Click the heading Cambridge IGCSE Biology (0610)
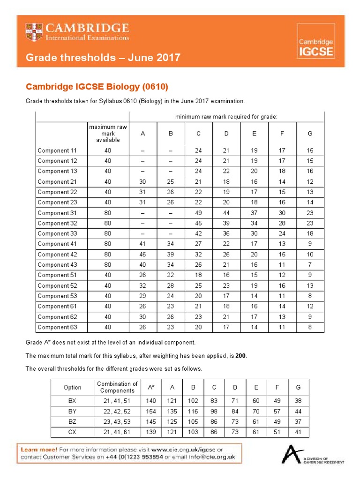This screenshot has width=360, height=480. [97, 87]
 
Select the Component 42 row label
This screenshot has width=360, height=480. [57, 255]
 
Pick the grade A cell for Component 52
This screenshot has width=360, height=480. [142, 285]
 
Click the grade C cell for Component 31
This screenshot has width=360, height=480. [198, 213]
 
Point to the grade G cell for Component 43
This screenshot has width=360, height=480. [310, 265]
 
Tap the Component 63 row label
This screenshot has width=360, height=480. [57, 327]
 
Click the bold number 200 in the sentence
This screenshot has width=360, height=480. [240, 356]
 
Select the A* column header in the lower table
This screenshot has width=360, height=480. [151, 387]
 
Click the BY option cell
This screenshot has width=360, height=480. [72, 411]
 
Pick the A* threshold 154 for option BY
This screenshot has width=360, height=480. [151, 411]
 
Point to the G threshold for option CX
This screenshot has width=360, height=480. [298, 432]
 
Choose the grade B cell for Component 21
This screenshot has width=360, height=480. [171, 182]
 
